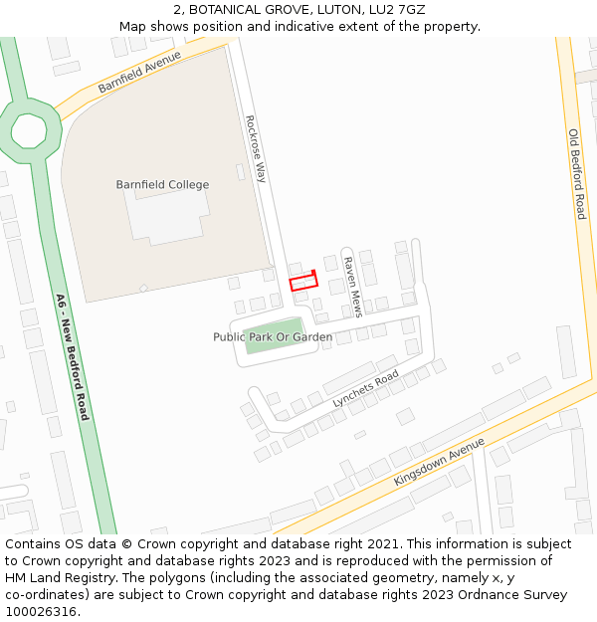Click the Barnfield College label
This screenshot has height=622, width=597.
(162, 185)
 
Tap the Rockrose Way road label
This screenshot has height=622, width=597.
(256, 148)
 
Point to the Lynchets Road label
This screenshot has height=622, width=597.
(365, 388)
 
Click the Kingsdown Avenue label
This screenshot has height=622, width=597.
(439, 461)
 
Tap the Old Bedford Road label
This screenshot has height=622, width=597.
(576, 174)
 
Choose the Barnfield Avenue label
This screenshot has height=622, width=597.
(140, 73)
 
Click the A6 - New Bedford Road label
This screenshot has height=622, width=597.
(72, 356)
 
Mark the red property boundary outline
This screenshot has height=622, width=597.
(303, 282)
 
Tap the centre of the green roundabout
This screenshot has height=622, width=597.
(29, 130)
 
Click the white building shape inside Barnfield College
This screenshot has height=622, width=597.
(165, 215)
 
